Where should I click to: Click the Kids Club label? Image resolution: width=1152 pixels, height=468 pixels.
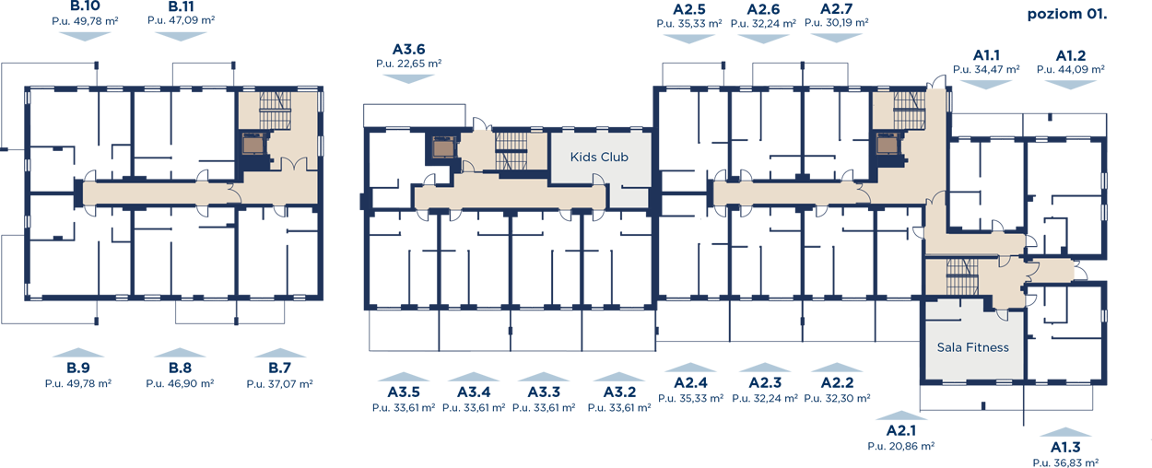599,158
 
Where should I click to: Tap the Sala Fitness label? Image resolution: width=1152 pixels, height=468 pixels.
972,347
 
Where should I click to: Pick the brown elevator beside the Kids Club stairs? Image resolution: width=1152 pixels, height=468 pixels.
443,147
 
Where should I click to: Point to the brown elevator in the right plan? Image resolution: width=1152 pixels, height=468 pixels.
887,145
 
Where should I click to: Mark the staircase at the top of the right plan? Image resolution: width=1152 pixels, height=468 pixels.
908,111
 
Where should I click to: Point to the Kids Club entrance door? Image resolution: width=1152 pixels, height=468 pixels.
599,192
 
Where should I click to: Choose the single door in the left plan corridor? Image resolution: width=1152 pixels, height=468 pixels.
233,193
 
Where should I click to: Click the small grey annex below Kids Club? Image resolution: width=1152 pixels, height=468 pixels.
629,197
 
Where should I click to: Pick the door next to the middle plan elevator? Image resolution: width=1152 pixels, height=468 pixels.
468,166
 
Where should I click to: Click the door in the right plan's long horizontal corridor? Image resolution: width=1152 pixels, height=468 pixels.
864,192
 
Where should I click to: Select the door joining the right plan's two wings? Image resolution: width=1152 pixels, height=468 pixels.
937,199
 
